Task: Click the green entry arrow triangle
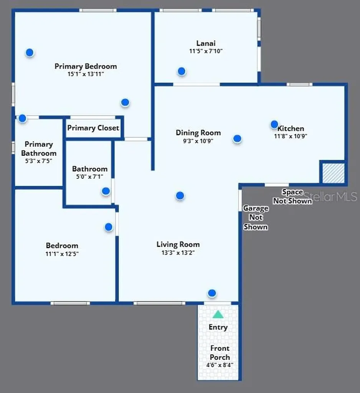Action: click(x=218, y=314)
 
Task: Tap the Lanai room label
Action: click(x=206, y=43)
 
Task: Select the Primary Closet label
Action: click(x=93, y=128)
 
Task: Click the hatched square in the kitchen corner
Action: click(x=333, y=173)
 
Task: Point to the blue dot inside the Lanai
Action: click(x=182, y=71)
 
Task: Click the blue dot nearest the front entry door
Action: click(x=212, y=293)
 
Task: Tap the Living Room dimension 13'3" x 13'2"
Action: click(x=178, y=253)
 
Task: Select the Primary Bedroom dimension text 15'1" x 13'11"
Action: click(x=86, y=74)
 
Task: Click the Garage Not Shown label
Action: click(x=256, y=217)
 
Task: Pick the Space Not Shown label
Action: click(x=292, y=196)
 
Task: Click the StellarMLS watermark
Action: click(x=330, y=196)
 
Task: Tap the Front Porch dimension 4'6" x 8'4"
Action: click(x=220, y=365)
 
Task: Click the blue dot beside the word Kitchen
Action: click(x=274, y=124)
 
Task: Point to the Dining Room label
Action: click(x=198, y=132)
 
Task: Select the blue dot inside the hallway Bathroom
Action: click(x=106, y=191)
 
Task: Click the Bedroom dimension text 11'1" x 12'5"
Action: click(x=62, y=254)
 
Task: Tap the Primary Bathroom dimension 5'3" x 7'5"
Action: click(x=39, y=161)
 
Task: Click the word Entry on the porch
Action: click(x=218, y=327)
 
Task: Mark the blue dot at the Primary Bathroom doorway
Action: click(x=22, y=118)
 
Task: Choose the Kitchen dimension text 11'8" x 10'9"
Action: click(x=291, y=136)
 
